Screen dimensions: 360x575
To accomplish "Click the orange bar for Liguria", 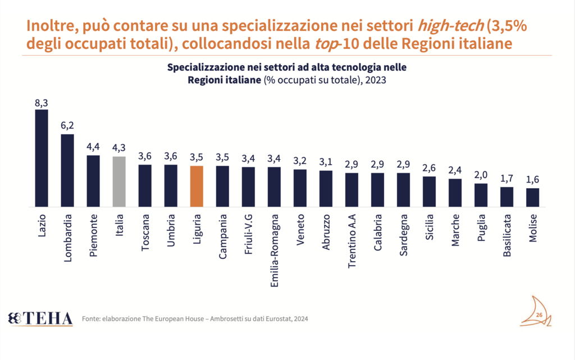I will [x=196, y=186].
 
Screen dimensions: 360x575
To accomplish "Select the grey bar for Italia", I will [x=119, y=181].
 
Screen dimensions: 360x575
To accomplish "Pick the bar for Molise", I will [x=532, y=197].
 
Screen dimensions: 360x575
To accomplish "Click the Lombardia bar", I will [x=67, y=171].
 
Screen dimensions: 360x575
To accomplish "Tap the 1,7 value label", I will [x=507, y=179].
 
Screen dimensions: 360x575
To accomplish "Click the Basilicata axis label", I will [x=507, y=235].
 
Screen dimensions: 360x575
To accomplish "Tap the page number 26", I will [x=539, y=315].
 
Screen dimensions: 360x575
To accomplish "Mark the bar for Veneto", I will [x=300, y=188].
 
